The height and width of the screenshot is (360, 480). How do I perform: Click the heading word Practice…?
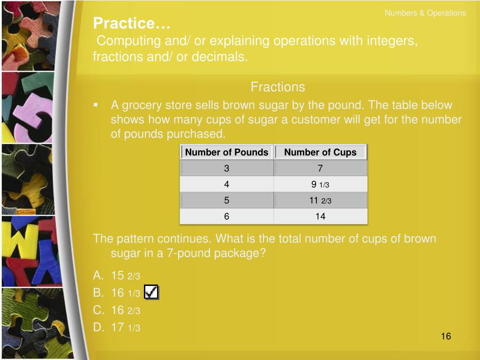pos(132,23)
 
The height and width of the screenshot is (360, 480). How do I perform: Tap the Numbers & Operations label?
pos(425,13)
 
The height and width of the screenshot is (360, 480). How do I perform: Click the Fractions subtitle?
pos(277,87)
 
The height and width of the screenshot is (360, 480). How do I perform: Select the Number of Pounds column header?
pos(226,152)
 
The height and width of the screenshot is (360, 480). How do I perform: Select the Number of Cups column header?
pos(320,152)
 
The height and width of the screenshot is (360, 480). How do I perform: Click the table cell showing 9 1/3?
pos(320,184)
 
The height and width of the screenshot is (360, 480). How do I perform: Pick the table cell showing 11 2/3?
pos(320,200)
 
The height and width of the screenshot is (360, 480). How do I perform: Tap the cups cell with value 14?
pos(320,217)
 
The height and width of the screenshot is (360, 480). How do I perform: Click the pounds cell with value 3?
pos(226,168)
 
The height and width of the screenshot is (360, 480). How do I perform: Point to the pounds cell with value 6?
pos(226,217)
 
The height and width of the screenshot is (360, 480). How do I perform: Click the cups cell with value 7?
pos(320,168)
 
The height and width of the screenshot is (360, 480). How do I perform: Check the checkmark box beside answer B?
pos(151,292)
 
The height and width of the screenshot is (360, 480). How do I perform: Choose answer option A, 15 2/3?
pos(116,276)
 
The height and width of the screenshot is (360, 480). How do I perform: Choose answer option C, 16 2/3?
pos(116,310)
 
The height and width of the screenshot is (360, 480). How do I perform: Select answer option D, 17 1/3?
pos(116,327)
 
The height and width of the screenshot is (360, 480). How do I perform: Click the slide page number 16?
pos(446,336)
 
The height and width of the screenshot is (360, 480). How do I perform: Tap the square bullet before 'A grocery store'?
pos(96,105)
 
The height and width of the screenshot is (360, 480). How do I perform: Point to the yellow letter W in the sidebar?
pos(23,242)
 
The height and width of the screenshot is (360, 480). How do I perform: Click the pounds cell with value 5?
pos(226,200)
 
